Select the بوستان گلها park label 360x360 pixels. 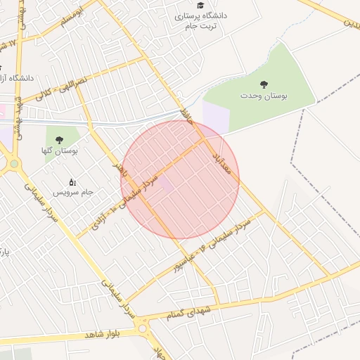coord(60,150)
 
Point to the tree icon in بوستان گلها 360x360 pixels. coord(59,139)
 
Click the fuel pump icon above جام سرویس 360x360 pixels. coord(72,183)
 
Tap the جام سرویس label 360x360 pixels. coord(78,192)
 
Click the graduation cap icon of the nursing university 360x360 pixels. coord(200,6)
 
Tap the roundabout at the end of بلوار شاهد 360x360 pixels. coord(143,328)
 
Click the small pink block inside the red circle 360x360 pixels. coord(163,184)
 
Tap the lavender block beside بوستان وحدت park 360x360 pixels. coord(215,116)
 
